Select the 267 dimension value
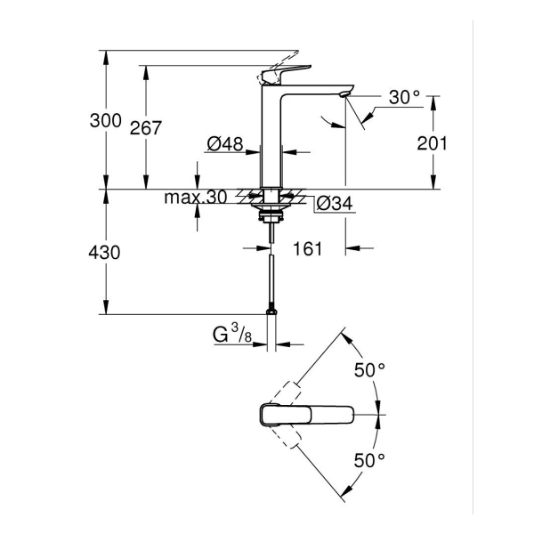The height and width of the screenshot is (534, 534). pyautogui.click(x=145, y=128)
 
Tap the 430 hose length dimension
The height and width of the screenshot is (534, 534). pyautogui.click(x=105, y=253)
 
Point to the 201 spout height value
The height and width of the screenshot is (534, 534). pyautogui.click(x=433, y=143)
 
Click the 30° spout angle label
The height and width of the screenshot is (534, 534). pyautogui.click(x=404, y=98)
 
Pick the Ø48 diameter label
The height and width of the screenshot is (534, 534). pyautogui.click(x=225, y=144)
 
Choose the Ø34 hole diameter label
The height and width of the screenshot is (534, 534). pyautogui.click(x=335, y=204)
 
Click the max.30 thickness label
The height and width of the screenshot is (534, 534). pyautogui.click(x=195, y=197)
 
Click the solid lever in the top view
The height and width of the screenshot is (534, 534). pyautogui.click(x=307, y=414)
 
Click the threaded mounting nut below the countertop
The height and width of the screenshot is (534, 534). pyautogui.click(x=270, y=214)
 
